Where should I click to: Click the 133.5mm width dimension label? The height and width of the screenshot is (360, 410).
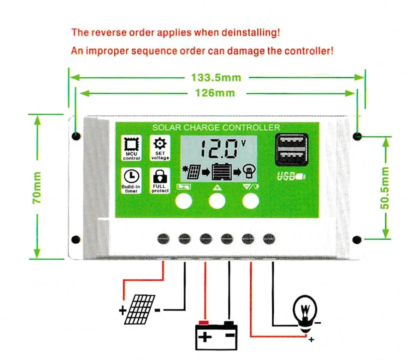click(216, 77)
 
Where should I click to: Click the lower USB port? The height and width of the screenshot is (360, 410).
click(291, 158)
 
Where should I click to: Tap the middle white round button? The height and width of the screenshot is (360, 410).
click(217, 201)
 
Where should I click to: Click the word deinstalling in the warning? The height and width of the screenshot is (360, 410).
click(251, 32)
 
